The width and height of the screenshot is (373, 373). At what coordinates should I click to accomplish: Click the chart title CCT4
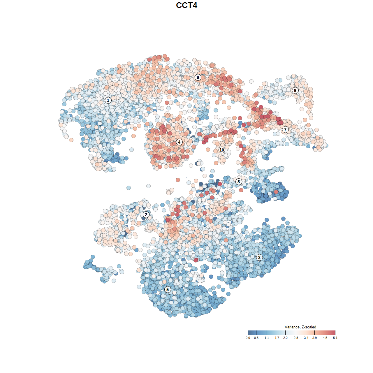(186, 5)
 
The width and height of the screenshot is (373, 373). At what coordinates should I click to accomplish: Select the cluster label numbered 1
(108, 100)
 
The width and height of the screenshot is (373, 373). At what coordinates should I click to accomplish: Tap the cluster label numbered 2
(146, 215)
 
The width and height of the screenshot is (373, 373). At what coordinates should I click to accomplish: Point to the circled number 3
(259, 257)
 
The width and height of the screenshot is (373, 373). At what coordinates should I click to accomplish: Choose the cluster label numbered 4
(179, 142)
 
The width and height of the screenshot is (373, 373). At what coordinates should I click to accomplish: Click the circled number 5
(168, 289)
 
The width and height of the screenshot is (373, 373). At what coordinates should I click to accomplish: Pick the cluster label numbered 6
(198, 77)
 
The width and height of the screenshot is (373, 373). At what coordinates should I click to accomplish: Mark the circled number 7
(285, 129)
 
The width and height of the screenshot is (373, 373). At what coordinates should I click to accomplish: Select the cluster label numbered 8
(239, 182)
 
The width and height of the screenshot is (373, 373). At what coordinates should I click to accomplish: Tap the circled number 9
(295, 90)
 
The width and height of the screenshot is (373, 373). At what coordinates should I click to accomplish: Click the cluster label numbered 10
(222, 150)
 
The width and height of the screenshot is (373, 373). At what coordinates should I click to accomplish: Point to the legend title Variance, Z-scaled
(300, 327)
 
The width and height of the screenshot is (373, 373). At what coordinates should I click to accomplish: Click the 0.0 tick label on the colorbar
(248, 338)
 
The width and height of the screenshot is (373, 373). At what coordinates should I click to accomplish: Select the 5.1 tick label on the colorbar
(335, 338)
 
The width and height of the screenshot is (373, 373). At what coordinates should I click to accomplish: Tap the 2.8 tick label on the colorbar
(296, 338)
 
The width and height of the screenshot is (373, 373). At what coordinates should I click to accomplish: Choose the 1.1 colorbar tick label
(267, 338)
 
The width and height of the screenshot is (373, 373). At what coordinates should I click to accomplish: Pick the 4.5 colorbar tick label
(325, 338)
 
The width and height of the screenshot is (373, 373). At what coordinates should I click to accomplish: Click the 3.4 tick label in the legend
(306, 338)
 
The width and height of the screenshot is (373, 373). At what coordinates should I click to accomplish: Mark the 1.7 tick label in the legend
(277, 338)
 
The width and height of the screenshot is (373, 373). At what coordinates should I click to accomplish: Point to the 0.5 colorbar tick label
(256, 338)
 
